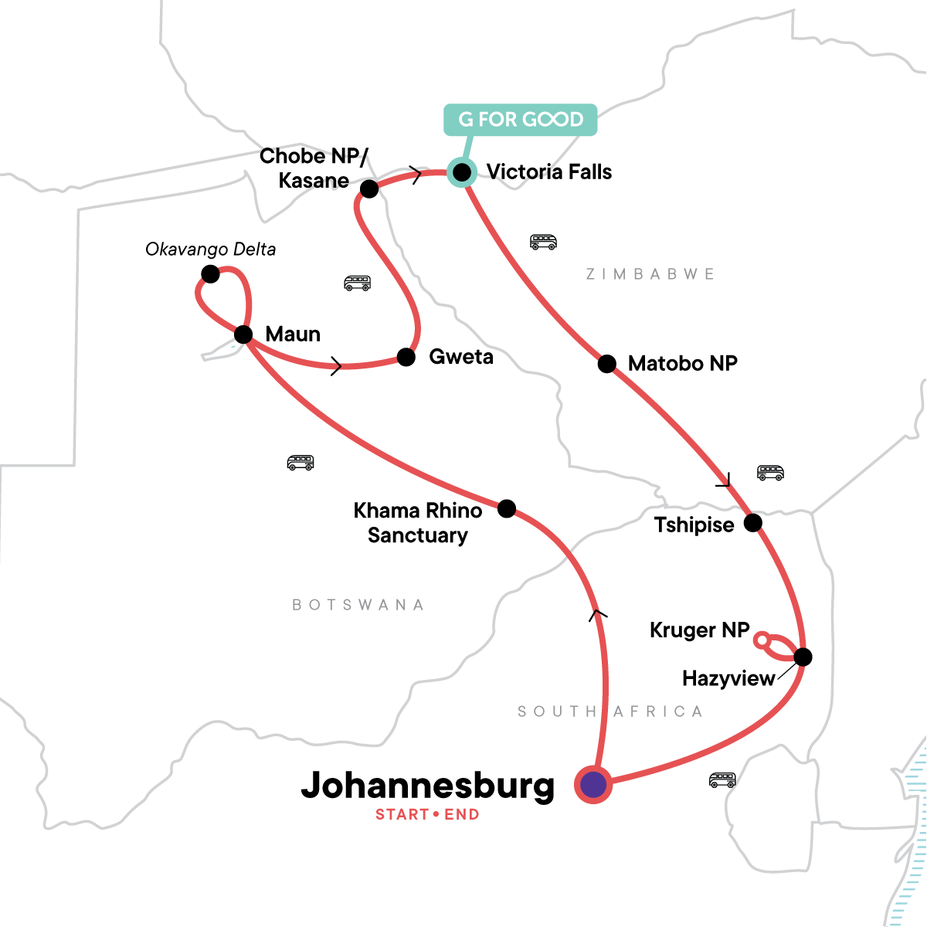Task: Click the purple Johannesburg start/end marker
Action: [x=593, y=785]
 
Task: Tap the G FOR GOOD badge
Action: [x=520, y=120]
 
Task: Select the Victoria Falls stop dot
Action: [x=462, y=171]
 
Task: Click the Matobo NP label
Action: [x=682, y=363]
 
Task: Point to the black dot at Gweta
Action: [x=406, y=356]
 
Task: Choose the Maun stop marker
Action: [x=243, y=334]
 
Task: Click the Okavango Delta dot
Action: [x=209, y=274]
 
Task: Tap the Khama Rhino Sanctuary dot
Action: [x=507, y=508]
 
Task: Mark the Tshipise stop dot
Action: [x=752, y=524]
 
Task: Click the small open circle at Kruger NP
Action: [x=761, y=640]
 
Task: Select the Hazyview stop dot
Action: [x=803, y=657]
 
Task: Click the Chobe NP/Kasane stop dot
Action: [x=369, y=188]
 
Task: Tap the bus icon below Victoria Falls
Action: [x=543, y=242]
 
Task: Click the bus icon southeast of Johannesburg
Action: [x=722, y=780]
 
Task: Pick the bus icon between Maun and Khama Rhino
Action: [x=301, y=463]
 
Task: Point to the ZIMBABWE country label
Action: [x=650, y=274]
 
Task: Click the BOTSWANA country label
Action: [x=358, y=605]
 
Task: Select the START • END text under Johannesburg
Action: [x=427, y=814]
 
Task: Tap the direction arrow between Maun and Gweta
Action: [x=335, y=366]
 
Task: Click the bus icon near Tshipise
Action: [x=770, y=473]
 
